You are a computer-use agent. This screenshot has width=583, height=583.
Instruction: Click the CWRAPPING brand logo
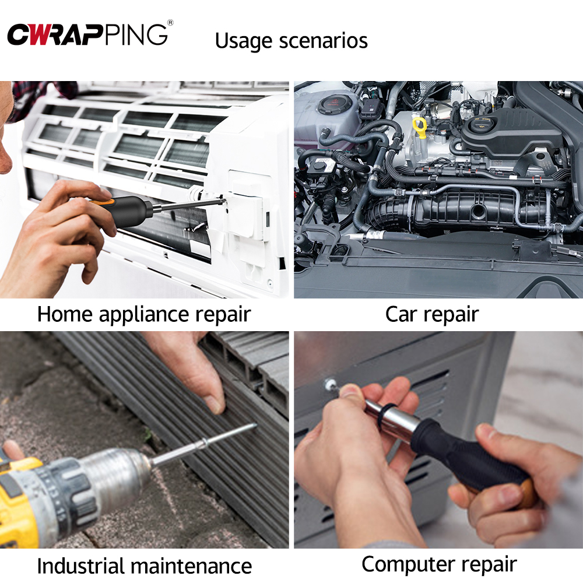[x=87, y=34]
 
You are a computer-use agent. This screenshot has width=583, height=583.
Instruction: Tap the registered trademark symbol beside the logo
[x=170, y=23]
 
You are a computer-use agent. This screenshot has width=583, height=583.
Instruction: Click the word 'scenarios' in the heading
[x=323, y=41]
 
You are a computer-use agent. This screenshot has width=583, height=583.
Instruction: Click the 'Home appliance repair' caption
[x=144, y=315]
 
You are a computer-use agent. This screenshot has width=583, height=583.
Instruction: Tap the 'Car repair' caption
[x=432, y=315]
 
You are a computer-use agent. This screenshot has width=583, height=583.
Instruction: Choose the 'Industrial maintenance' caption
[x=144, y=566]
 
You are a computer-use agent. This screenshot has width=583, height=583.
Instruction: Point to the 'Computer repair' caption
[x=439, y=565]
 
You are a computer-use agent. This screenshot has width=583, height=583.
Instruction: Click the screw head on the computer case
[x=329, y=384]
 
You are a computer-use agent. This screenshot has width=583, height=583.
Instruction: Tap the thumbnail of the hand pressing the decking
[x=215, y=405]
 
